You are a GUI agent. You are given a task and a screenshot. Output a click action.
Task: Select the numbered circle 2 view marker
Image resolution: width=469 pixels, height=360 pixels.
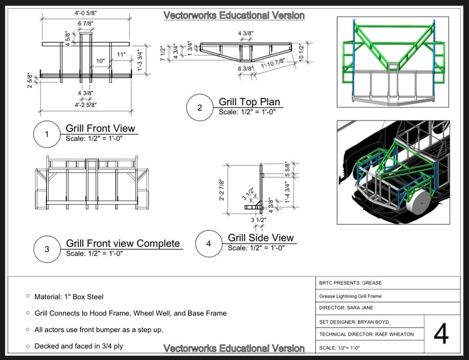tap(199, 108)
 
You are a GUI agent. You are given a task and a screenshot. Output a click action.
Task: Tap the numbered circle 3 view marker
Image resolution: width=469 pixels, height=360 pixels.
tap(46, 249)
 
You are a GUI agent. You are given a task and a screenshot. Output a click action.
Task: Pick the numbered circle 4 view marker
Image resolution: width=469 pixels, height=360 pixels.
tap(208, 244)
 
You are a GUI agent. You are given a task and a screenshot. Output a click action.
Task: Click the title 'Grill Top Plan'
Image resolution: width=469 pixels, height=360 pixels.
tap(249, 101)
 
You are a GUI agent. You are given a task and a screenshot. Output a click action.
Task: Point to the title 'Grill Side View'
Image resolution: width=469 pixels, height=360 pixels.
tap(261, 238)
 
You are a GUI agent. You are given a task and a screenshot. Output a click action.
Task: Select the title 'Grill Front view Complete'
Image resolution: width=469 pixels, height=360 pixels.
tap(123, 243)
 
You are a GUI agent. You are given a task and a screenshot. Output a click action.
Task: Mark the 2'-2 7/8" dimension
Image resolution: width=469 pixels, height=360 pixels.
tap(222, 190)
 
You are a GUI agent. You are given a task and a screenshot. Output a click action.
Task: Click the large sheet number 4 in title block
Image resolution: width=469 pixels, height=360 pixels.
tap(441, 334)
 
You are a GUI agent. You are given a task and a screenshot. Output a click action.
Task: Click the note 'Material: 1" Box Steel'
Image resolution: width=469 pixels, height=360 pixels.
tap(68, 296)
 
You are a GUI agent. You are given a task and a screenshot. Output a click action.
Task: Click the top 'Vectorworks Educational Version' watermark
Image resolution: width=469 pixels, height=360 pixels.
tap(234, 15)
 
